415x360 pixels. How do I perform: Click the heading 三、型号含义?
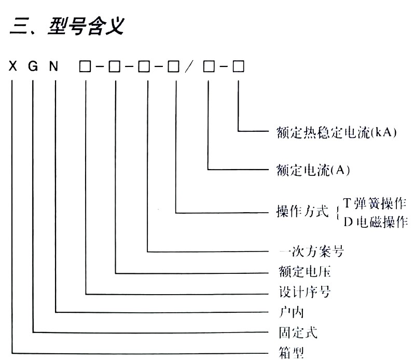[x=66, y=26]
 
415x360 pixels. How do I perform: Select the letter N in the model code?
[x=54, y=67]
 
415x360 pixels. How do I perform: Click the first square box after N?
[x=85, y=67]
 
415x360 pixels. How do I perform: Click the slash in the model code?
[x=190, y=67]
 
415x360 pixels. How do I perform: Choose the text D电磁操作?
[x=375, y=221]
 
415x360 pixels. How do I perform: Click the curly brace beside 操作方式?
[x=337, y=212]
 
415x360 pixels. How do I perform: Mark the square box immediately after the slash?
[x=208, y=67]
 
